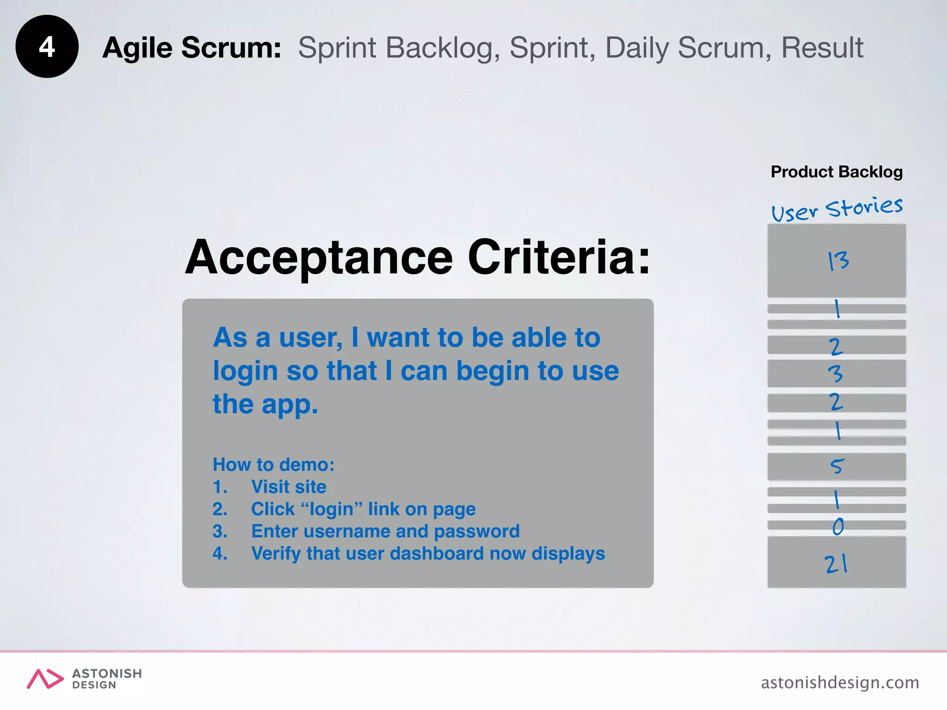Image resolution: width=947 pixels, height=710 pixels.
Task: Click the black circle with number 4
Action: (47, 47)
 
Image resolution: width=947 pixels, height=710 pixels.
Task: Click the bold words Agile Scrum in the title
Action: (191, 48)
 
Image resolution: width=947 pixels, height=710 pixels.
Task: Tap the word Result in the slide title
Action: (822, 48)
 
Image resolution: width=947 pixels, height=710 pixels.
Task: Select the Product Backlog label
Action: (836, 172)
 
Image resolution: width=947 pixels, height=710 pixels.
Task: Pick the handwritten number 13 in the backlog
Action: (838, 261)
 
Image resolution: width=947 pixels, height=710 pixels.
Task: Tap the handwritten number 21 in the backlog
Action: (836, 564)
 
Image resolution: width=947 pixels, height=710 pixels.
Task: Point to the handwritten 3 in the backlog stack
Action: (836, 373)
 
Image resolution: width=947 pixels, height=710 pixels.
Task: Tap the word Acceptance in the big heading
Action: (319, 258)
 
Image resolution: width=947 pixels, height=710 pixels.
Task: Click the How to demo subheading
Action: (273, 465)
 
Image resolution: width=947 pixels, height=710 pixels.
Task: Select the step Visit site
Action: (289, 487)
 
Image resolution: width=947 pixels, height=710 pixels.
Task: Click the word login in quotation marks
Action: (332, 509)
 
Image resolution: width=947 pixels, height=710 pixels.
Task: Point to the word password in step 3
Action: (477, 532)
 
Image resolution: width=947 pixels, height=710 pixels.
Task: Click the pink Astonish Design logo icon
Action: (45, 679)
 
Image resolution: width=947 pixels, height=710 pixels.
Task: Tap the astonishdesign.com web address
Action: (840, 682)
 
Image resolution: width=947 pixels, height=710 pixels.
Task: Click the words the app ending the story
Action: (265, 404)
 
